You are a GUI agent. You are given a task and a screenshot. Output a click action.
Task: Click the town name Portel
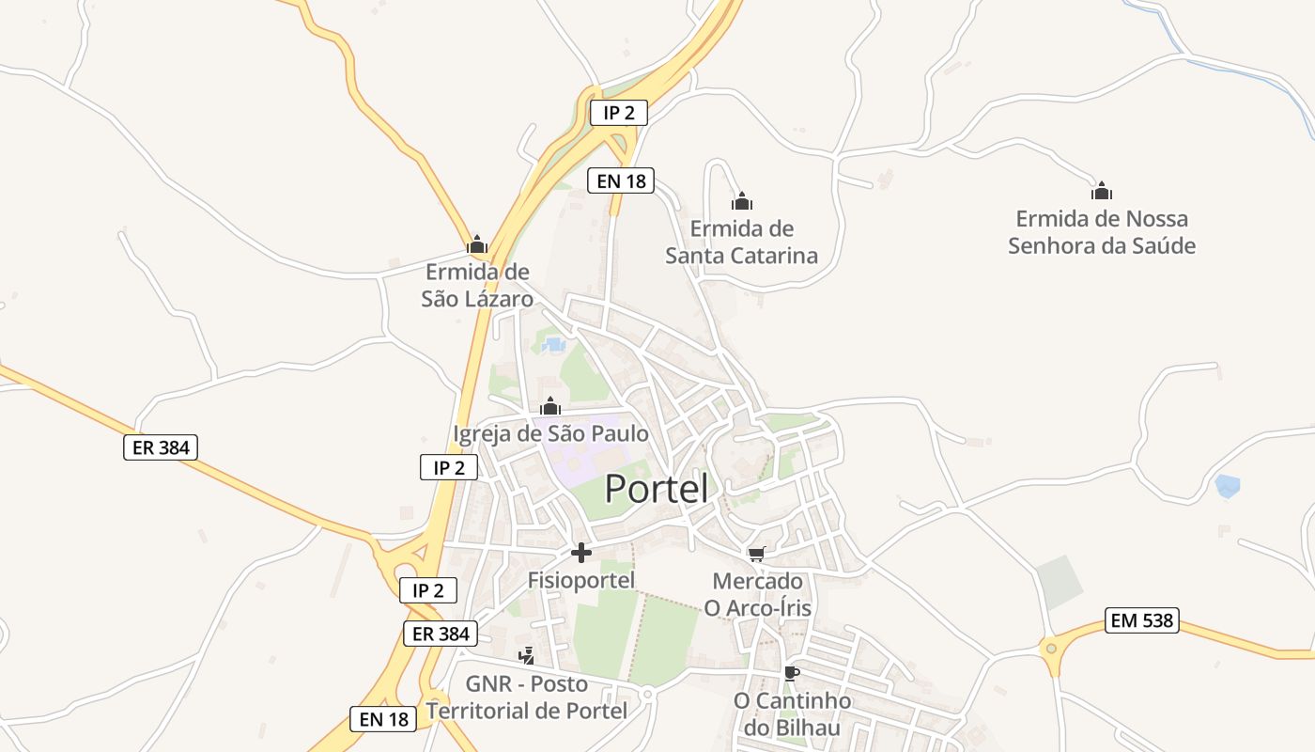pos(656,489)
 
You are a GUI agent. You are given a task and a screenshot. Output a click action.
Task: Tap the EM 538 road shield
pos(1141,620)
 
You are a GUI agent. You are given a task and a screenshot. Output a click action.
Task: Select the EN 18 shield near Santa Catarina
pos(620,180)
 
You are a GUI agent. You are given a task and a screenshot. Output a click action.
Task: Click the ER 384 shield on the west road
pos(161,447)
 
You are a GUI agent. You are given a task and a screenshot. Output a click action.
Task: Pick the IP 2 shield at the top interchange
pos(619,113)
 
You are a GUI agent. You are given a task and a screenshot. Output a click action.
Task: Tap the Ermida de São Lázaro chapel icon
pos(477,246)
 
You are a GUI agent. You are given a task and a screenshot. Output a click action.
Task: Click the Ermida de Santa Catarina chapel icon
pos(742,201)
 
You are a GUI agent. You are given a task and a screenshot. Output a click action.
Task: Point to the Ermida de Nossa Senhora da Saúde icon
pos(1102,192)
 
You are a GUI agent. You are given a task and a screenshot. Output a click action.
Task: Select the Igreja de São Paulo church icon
pos(550,407)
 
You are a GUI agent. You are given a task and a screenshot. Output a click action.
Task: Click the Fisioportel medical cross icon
pos(581,553)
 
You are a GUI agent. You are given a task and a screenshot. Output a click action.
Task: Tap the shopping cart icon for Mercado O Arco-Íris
pos(757,554)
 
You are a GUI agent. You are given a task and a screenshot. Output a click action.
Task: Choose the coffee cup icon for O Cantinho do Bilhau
pos(792,673)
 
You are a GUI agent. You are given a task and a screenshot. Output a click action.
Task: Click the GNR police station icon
pos(527,655)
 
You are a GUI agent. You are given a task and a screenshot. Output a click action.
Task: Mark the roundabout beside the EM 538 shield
pos(1051,647)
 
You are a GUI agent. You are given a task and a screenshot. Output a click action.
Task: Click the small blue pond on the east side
pos(1227,486)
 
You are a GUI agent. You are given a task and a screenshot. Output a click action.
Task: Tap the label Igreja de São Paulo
pos(550,434)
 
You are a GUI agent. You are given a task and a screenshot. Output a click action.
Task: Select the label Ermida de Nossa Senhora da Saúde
pos(1101,232)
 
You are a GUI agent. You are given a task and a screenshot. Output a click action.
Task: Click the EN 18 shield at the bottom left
pos(383,719)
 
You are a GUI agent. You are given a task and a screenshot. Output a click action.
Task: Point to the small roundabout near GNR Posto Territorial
pos(647,694)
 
